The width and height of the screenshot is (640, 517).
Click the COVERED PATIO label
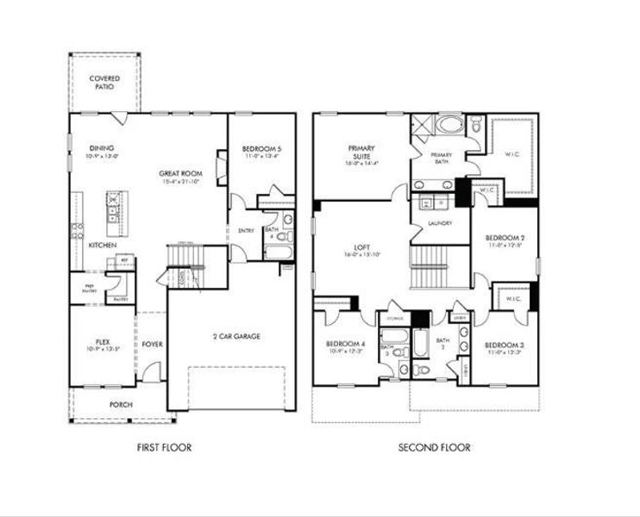click(105, 83)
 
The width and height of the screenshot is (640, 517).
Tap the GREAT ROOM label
click(180, 173)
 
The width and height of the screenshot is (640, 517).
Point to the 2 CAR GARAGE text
click(236, 336)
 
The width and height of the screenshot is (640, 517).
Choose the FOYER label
click(153, 344)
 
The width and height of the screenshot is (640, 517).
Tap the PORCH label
click(121, 403)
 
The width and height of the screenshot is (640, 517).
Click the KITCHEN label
click(103, 246)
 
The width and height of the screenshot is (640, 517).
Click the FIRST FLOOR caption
click(164, 447)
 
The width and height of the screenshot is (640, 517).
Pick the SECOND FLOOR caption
click(434, 447)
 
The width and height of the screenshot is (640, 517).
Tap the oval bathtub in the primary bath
click(447, 126)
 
